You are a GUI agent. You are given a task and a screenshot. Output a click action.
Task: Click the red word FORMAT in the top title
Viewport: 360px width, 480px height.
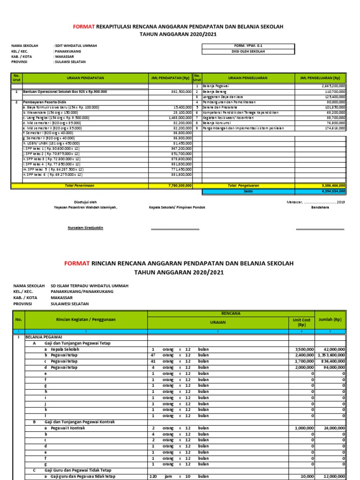(x=84, y=27)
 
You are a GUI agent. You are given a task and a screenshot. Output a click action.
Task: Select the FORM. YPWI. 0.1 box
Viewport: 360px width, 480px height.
(x=248, y=46)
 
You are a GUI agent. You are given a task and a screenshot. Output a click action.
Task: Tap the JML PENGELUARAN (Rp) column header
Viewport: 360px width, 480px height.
(x=321, y=78)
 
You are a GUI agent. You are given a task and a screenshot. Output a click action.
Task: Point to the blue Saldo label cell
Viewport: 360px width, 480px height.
(x=248, y=191)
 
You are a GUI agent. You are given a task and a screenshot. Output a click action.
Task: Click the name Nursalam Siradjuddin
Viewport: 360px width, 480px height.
(x=85, y=228)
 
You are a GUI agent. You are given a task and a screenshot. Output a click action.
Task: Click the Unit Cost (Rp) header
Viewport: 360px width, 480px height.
(x=301, y=322)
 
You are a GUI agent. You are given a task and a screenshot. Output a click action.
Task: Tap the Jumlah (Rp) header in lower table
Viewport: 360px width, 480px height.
(x=330, y=319)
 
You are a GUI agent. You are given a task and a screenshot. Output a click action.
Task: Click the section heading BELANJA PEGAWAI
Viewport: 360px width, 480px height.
(x=45, y=337)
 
